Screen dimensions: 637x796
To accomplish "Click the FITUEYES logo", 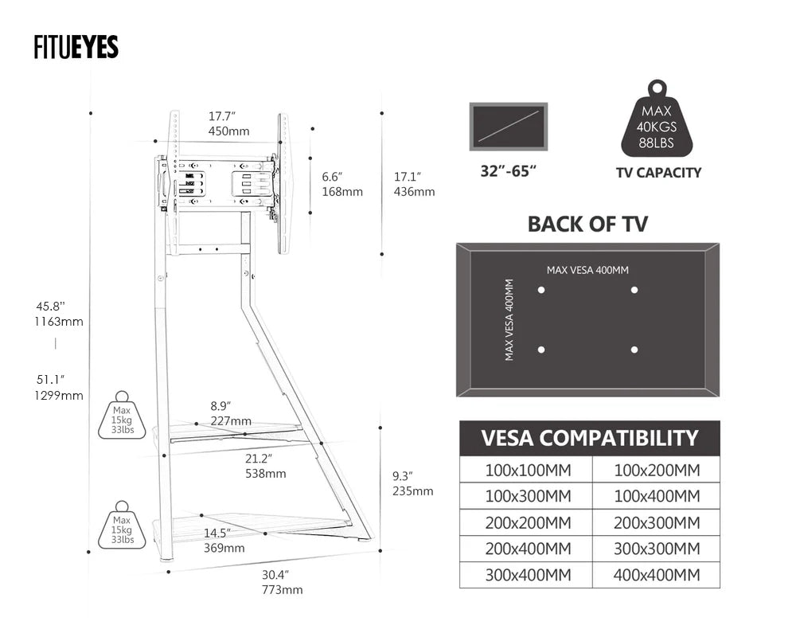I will tap(76, 48).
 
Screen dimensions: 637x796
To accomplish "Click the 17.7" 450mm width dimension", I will tap(228, 123).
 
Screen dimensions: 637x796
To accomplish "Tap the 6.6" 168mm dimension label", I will tap(341, 184).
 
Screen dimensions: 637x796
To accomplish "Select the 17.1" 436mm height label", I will tap(414, 184).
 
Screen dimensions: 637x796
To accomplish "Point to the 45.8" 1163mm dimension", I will tap(59, 314).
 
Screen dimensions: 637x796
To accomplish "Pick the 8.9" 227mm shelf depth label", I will tap(231, 413).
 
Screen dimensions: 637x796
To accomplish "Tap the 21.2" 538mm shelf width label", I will tap(265, 466).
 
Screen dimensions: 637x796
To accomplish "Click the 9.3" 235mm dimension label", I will tap(412, 483).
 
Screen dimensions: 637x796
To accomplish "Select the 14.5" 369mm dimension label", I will tap(224, 540).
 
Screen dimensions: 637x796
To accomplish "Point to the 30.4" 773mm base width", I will tap(282, 582).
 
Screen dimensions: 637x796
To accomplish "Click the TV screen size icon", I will tap(508, 126).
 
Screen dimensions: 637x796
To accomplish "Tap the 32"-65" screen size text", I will tap(508, 171).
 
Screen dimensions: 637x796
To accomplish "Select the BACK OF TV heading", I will tap(587, 224).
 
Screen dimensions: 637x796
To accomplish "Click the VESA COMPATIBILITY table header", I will tap(589, 438).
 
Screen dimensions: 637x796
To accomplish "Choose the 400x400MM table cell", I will tap(657, 575).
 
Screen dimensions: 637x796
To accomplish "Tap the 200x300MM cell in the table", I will tap(657, 522).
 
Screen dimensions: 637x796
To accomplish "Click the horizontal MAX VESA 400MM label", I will tap(587, 270).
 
